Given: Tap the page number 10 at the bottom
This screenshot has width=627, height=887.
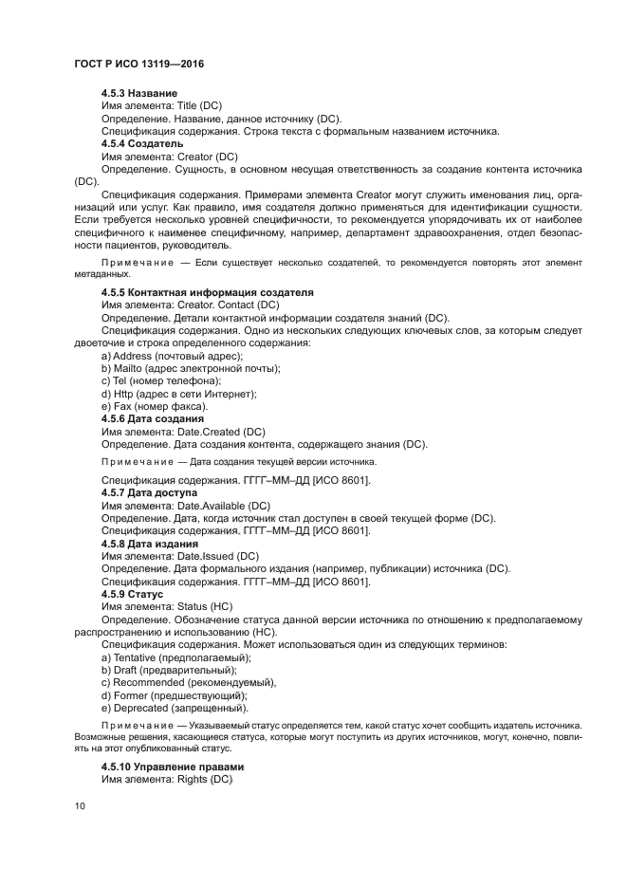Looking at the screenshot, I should pos(79,806).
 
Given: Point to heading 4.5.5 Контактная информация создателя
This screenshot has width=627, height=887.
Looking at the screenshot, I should pos(207,292).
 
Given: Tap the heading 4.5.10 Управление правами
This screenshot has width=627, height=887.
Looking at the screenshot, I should pos(173,767).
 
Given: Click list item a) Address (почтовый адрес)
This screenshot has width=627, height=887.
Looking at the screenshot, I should pos(172,356).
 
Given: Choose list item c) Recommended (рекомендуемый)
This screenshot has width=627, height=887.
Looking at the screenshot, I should pos(189,682).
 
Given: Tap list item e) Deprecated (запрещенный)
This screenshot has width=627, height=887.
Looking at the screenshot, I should pos(175,708).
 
